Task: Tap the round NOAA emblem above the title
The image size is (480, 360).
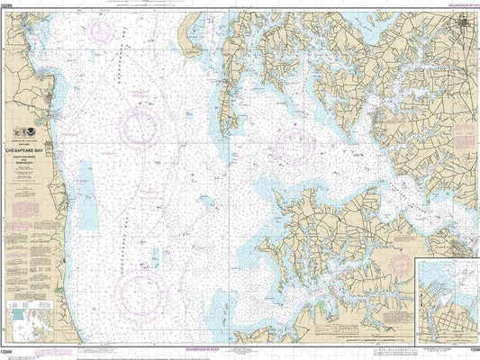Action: (x=34, y=133)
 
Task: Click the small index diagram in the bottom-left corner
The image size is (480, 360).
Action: (x=27, y=321)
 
